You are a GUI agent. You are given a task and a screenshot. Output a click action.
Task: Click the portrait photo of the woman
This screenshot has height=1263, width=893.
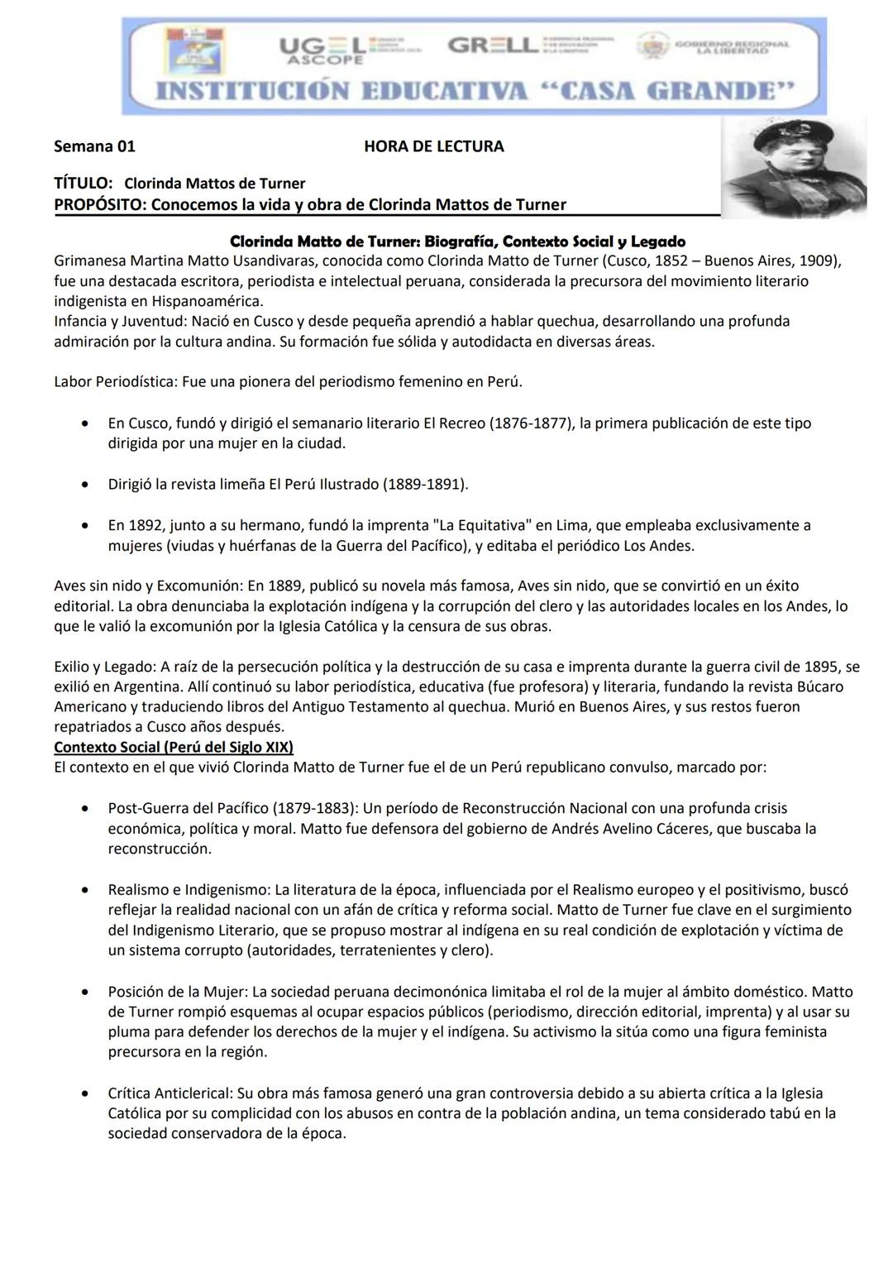[x=793, y=168]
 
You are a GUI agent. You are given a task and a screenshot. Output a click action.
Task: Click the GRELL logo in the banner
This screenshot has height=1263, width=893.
[x=493, y=45]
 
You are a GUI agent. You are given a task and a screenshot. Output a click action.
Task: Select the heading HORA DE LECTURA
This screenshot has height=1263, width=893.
[x=433, y=146]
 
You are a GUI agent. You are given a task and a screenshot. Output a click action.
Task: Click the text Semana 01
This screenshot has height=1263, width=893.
[x=94, y=146]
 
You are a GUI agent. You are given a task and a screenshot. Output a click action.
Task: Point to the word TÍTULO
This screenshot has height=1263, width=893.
[x=83, y=183]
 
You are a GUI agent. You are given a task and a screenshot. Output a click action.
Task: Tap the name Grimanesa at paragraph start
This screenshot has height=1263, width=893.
[x=90, y=261]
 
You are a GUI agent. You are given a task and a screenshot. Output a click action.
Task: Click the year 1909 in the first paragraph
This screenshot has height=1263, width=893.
[x=819, y=261]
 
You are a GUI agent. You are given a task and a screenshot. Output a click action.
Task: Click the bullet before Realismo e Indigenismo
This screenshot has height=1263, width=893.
[x=85, y=891]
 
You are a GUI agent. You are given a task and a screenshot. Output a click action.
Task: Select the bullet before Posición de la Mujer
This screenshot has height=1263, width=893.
[x=85, y=992]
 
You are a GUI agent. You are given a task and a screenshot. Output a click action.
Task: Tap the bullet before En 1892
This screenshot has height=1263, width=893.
[x=85, y=526]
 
